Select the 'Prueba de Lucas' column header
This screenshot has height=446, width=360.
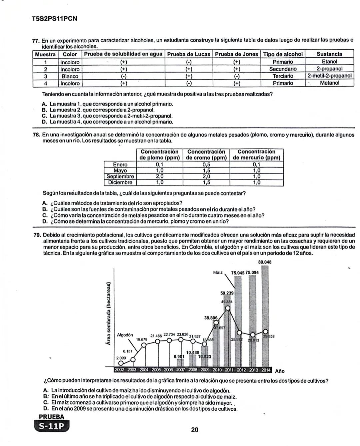click(x=189, y=54)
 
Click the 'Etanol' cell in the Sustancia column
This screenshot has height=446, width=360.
click(x=329, y=62)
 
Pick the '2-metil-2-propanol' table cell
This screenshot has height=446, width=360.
click(x=329, y=76)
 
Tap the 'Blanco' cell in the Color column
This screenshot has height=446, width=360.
click(x=70, y=76)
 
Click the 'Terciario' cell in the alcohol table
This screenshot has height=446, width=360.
click(x=283, y=76)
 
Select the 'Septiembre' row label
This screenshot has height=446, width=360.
click(x=120, y=177)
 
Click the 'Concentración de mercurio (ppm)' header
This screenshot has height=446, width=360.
click(x=256, y=155)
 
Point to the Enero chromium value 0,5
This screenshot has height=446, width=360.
click(x=206, y=165)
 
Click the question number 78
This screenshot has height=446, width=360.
click(x=36, y=135)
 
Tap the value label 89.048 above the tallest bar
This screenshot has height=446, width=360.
click(x=265, y=262)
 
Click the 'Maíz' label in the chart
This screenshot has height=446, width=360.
click(x=218, y=272)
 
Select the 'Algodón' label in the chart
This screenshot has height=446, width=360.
click(x=125, y=335)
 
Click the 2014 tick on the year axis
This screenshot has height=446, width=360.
click(x=266, y=370)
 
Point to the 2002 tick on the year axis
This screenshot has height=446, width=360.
click(x=119, y=370)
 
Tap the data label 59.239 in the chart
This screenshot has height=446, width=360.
click(x=227, y=293)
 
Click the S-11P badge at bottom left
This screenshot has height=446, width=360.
click(x=52, y=426)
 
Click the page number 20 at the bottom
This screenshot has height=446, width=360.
click(x=195, y=430)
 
